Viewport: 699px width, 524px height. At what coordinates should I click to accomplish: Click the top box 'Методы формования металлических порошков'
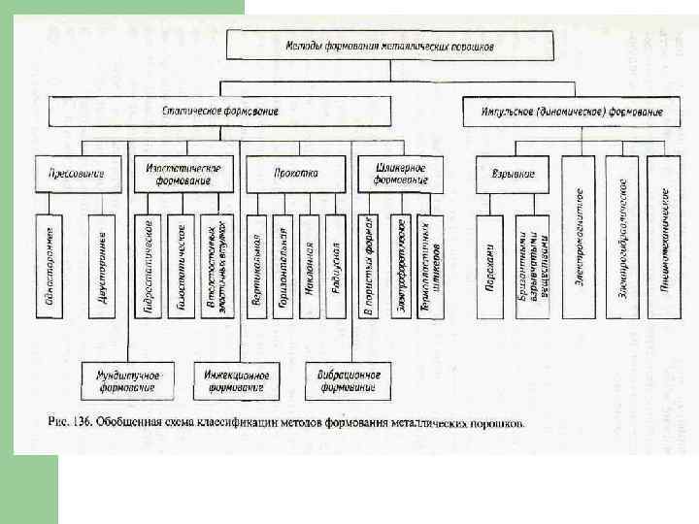(x=391, y=46)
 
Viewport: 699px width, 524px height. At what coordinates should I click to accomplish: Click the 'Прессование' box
(x=77, y=174)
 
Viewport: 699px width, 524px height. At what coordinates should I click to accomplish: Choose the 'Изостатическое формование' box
(x=184, y=174)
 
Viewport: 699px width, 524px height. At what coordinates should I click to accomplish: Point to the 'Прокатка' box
(x=294, y=174)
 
